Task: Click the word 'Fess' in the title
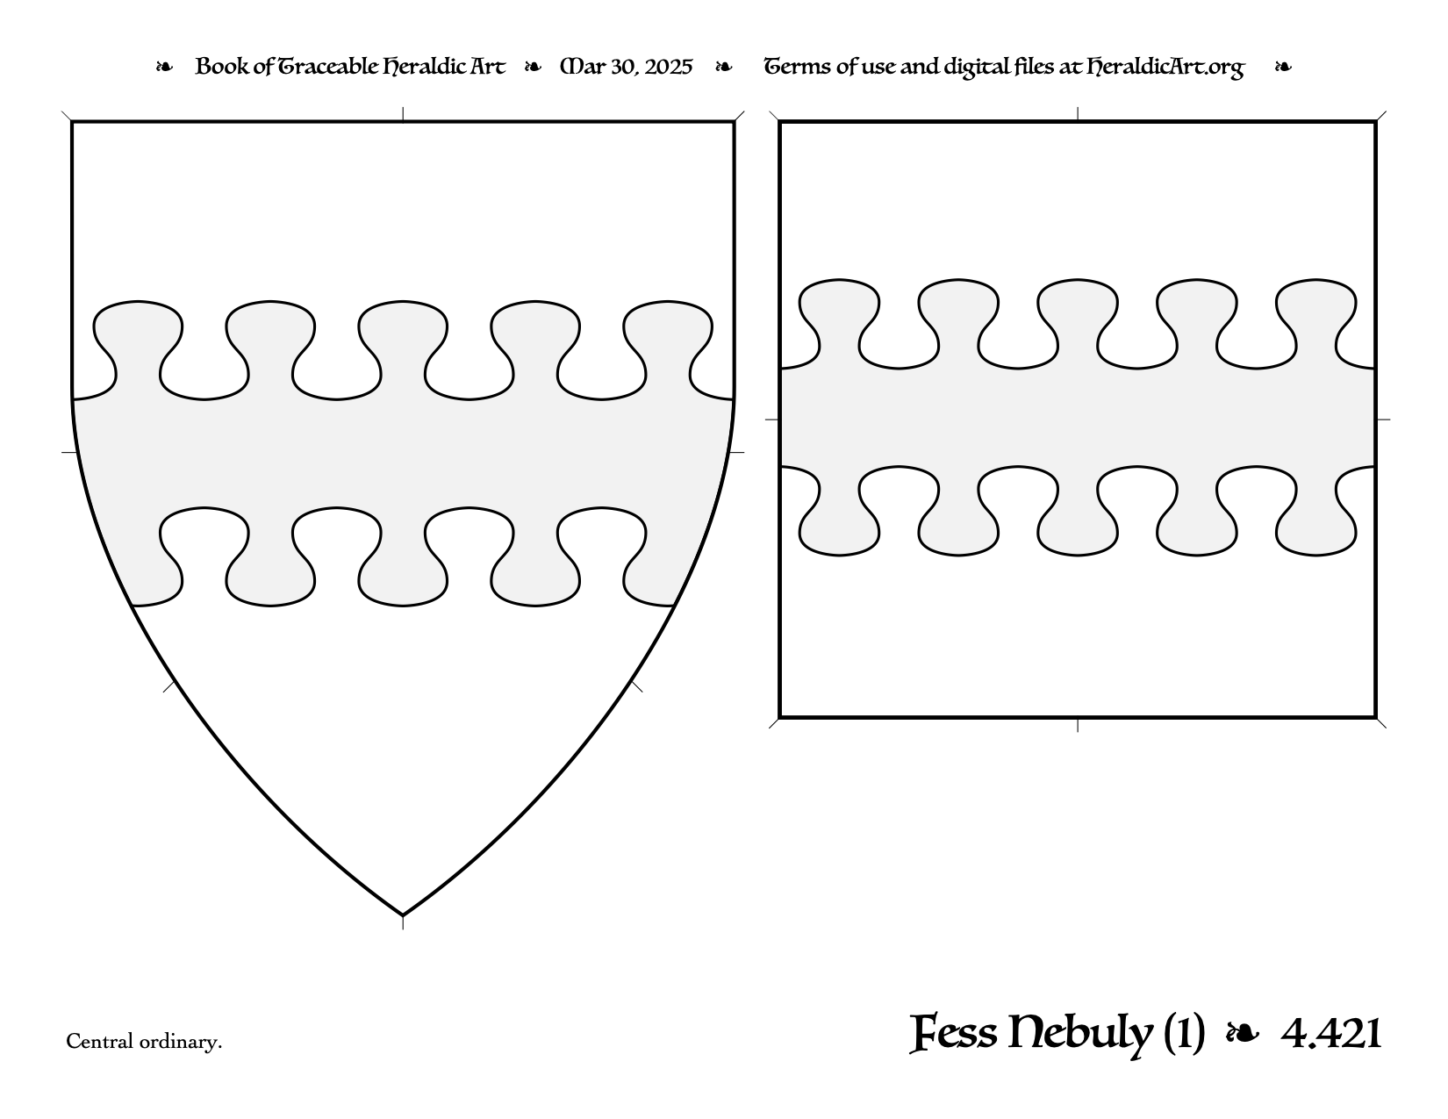coord(954,1034)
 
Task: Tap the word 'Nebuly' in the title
coord(1080,1036)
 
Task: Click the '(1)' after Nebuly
coord(1184,1035)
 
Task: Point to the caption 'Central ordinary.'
coord(144,1042)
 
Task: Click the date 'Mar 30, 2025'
coord(626,67)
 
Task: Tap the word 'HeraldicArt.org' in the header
coord(1165,68)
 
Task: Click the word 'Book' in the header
coord(221,66)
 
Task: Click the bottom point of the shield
coord(403,915)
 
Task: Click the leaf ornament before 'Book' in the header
coord(164,67)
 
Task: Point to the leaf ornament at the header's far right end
coord(1283,67)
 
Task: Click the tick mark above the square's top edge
coord(1078,113)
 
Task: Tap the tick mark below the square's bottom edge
coord(1078,725)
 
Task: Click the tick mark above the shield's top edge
coord(403,114)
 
